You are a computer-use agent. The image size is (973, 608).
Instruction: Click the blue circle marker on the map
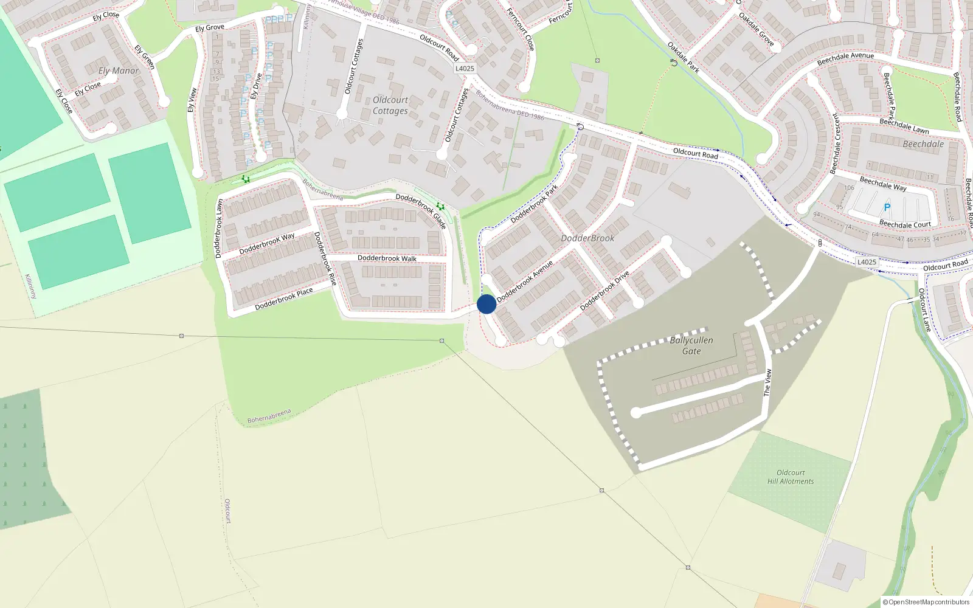point(486,304)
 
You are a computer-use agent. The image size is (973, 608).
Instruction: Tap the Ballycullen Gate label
point(691,345)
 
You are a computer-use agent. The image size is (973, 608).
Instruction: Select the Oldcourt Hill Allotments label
point(791,477)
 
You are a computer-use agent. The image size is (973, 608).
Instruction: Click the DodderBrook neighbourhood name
point(587,238)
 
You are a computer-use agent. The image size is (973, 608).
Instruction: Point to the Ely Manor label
point(119,71)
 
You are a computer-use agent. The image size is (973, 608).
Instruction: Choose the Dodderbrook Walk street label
point(387,258)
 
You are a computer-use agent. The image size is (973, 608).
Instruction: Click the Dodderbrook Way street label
point(266,244)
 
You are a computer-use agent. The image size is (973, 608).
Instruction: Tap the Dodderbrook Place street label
point(283,299)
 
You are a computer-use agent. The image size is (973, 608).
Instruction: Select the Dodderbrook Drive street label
point(604,291)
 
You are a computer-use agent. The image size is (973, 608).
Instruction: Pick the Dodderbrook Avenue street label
point(525,282)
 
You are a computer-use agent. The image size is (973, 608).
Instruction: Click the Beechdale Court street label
point(905,224)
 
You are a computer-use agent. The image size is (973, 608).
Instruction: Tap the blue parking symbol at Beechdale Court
point(887,208)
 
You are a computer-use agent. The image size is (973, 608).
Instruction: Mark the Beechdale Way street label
point(883,184)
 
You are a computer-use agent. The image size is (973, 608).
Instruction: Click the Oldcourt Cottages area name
point(390,105)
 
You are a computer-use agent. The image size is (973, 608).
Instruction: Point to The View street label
point(767,383)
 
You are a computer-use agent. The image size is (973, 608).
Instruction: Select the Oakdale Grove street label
point(757,29)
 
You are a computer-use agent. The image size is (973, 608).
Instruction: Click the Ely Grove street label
point(210,28)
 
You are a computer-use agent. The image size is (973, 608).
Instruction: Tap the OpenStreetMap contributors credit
point(926,602)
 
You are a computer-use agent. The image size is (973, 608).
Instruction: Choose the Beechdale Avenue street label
point(845,58)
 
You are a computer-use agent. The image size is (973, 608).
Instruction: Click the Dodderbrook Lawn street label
point(219,229)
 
